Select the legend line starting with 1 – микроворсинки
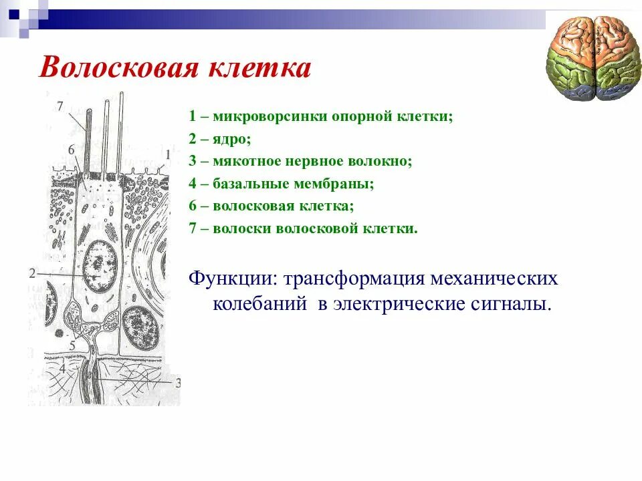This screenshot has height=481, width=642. point(320,116)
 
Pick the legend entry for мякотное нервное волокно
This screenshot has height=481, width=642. point(300,161)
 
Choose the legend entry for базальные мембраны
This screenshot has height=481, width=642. point(281,184)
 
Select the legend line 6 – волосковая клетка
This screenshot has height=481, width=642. point(271,206)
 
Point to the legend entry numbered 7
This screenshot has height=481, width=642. point(303,228)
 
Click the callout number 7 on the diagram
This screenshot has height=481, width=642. point(60,106)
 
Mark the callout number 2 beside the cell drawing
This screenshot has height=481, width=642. point(31,273)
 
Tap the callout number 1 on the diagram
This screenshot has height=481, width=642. point(168,154)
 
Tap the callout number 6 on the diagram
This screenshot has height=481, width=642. point(72,149)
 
